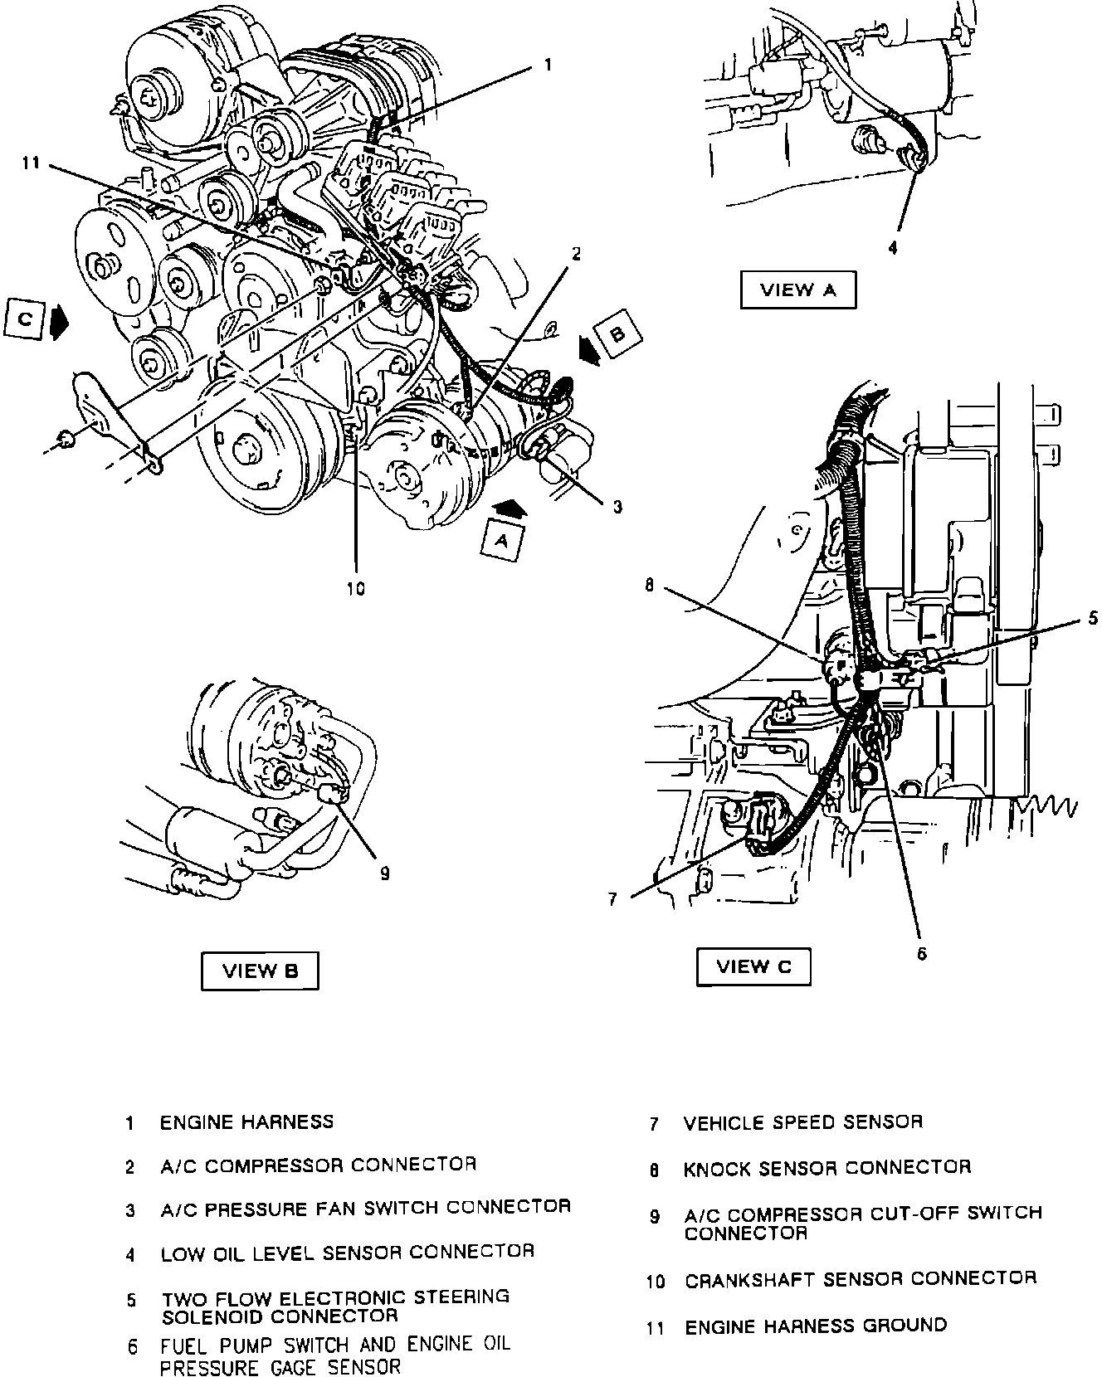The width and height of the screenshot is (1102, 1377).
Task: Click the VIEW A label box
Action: point(797,290)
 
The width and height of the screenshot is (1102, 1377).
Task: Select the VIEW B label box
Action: point(260,971)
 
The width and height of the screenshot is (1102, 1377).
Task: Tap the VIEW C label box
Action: point(753,966)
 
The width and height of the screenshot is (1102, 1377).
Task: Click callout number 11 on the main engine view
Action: point(31,164)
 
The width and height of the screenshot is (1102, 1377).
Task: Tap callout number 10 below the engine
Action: point(355,589)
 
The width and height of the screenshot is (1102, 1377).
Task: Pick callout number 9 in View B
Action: point(384,873)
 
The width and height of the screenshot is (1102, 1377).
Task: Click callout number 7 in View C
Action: point(612,899)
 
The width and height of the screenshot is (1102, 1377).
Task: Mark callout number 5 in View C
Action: point(1093,617)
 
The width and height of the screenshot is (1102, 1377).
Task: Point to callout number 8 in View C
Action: point(649,586)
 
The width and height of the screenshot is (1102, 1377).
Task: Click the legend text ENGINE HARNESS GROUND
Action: point(815,1326)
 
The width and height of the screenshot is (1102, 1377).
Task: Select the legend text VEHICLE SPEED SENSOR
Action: point(802,1122)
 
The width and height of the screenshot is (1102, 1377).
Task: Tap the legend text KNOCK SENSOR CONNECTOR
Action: point(826,1168)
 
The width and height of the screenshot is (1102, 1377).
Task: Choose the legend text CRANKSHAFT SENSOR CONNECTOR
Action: point(861,1279)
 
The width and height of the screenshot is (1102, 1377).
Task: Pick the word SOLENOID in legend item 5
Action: point(212,1316)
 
